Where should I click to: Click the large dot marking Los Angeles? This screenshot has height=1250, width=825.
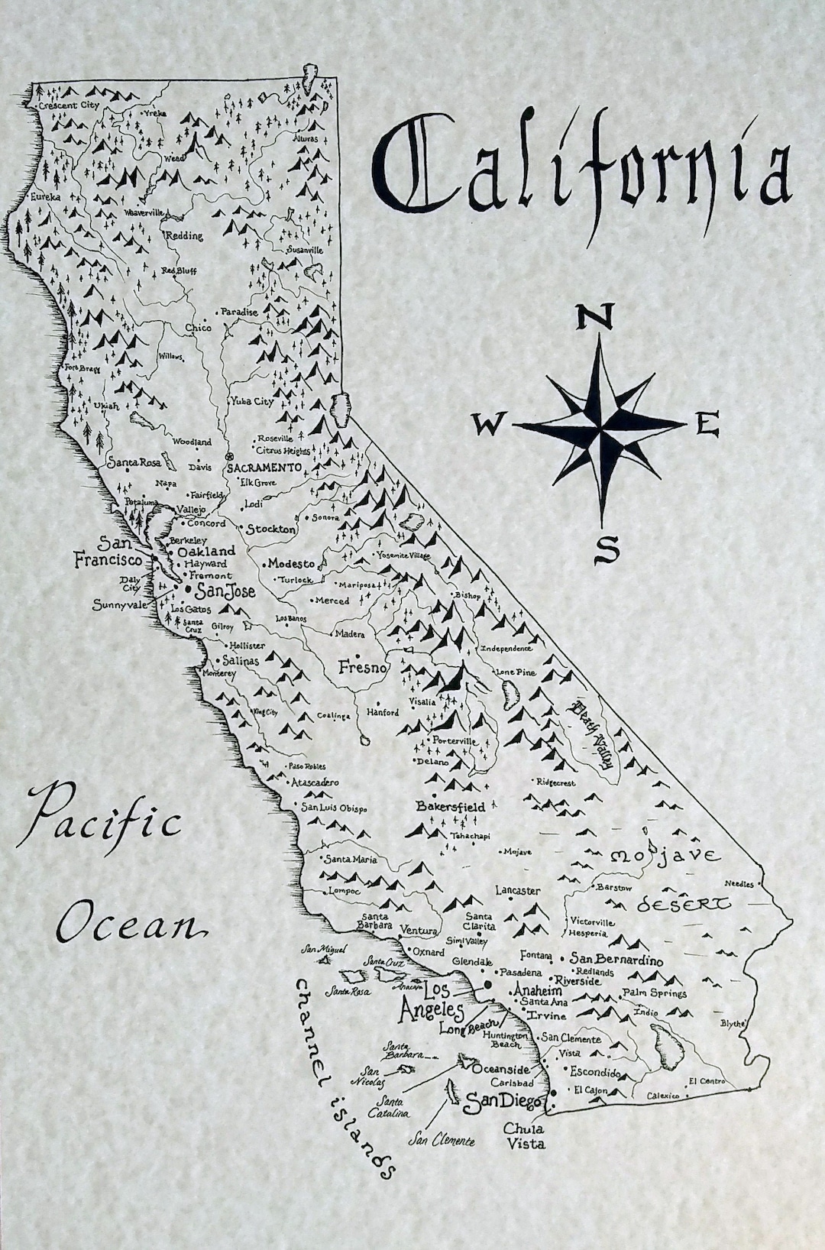484,986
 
